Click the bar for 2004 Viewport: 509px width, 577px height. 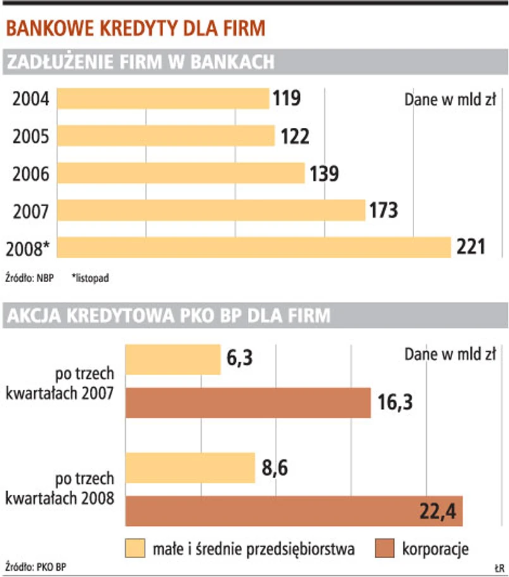(x=163, y=99)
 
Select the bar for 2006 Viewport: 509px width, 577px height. (x=181, y=173)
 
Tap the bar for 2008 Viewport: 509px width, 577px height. (x=254, y=247)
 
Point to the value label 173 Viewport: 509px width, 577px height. (x=384, y=210)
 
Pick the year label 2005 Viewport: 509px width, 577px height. (x=31, y=136)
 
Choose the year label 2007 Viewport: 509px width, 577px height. (x=31, y=210)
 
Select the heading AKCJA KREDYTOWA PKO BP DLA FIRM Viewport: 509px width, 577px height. (x=168, y=316)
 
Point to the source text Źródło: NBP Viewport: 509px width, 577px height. (x=29, y=277)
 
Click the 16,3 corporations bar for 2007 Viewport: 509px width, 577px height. (x=248, y=403)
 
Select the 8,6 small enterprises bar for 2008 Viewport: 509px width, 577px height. (x=190, y=468)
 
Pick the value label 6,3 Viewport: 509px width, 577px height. (x=240, y=360)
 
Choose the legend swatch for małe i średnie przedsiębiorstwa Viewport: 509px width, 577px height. (x=136, y=548)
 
